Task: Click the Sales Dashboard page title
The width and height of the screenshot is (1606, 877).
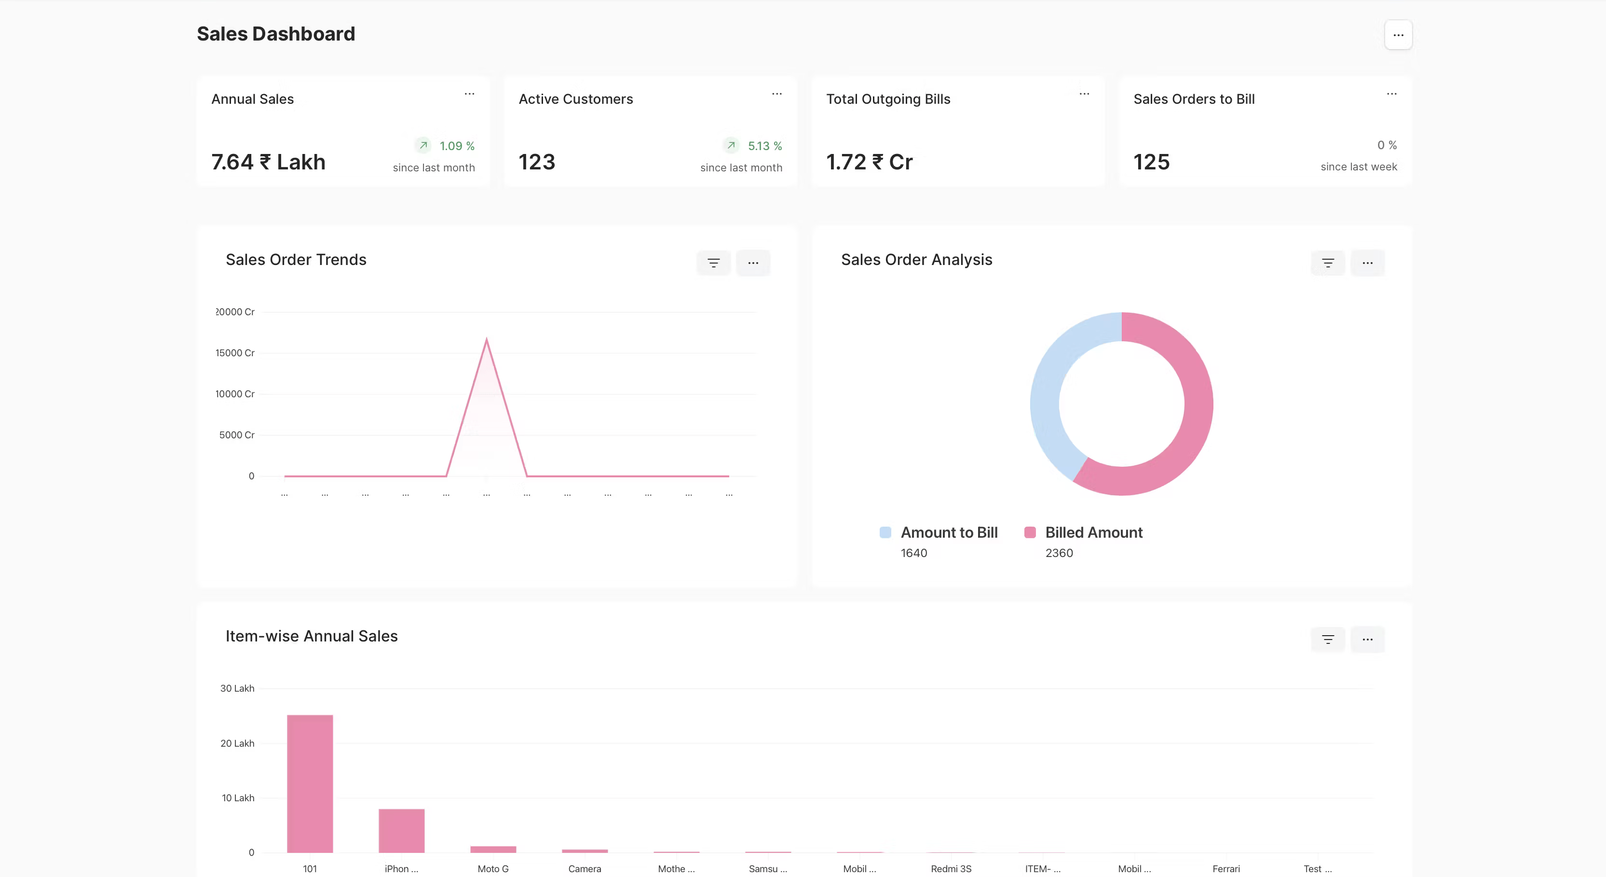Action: coord(275,34)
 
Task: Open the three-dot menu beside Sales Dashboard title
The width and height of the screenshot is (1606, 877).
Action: coord(1398,35)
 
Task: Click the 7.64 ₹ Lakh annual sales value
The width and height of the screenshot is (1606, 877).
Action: coord(268,162)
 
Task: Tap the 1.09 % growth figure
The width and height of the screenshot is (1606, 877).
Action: coord(456,146)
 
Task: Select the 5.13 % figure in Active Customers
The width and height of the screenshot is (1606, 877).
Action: coord(764,146)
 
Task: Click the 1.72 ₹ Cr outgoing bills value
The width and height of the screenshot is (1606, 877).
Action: coord(869,162)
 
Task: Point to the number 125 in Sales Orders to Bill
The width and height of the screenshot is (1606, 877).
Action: coord(1151,162)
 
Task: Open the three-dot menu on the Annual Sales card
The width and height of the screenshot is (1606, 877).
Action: coord(469,94)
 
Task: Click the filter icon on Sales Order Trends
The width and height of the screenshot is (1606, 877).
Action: coord(713,263)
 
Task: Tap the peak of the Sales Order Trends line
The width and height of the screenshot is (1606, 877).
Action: coord(486,340)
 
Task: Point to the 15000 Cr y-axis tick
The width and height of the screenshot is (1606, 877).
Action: coord(235,353)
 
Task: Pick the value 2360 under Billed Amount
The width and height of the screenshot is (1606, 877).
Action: coord(1059,553)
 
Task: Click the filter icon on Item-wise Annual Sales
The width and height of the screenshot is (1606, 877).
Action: coord(1328,640)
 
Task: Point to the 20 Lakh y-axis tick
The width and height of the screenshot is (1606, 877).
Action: coord(238,743)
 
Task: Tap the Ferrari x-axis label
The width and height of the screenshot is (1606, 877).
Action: coord(1225,869)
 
